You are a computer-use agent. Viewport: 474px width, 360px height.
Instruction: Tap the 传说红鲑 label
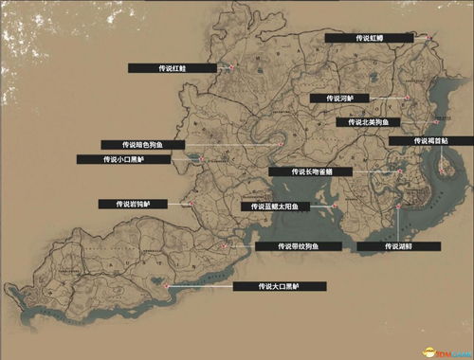(171, 68)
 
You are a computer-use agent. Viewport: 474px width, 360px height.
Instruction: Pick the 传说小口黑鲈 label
(137, 159)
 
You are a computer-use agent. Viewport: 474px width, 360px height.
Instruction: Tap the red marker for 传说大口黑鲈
(167, 283)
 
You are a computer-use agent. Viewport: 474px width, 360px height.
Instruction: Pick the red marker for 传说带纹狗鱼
(224, 244)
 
